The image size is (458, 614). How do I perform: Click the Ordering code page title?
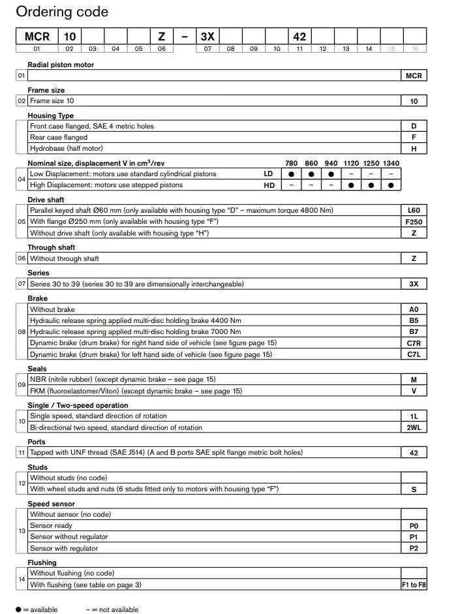62,12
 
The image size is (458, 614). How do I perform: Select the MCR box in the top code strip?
37,37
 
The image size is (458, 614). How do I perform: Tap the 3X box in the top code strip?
207,37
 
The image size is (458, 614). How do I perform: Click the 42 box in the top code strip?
299,37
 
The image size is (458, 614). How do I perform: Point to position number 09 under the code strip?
254,49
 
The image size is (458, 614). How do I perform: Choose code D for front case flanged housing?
414,126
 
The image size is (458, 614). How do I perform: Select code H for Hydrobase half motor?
414,149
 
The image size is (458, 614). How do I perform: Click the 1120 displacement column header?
351,163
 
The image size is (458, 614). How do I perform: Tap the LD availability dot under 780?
291,174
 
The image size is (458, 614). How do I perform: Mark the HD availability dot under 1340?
391,185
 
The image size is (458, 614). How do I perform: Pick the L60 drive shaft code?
414,211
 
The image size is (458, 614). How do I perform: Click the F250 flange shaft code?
414,222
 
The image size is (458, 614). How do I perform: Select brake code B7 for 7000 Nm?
414,332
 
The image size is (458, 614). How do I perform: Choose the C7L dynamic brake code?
414,354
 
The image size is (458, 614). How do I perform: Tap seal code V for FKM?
414,391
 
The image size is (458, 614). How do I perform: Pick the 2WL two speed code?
414,427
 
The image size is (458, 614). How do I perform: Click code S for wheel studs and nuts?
414,489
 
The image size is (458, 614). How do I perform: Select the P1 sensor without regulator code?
414,536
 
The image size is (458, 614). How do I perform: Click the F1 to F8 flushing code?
414,585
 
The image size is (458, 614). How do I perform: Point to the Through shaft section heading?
52,247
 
